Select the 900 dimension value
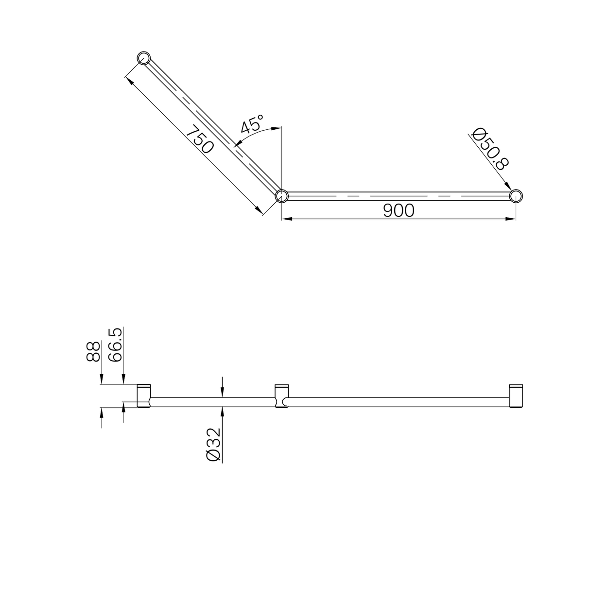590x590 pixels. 399,210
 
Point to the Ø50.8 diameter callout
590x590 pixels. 489,149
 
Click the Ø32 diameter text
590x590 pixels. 214,444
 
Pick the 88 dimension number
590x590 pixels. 93,351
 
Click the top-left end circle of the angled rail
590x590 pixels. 144,58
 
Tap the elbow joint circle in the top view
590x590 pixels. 282,196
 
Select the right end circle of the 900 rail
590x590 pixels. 516,196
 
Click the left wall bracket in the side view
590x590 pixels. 144,396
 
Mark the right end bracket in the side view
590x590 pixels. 516,396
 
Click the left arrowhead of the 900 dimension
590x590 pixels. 287,219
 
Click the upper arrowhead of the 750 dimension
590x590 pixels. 130,80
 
